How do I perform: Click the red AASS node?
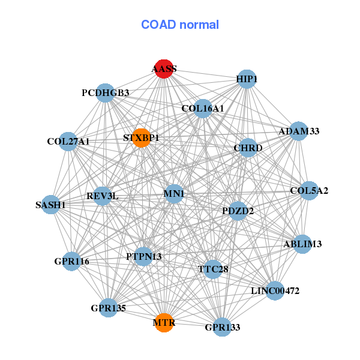(x=164, y=68)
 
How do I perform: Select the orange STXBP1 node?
(x=140, y=138)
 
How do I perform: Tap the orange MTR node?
(x=164, y=323)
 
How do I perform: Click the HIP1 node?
(x=247, y=79)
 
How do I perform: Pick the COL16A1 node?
(x=203, y=109)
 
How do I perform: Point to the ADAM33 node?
(x=299, y=131)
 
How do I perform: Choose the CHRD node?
(x=248, y=148)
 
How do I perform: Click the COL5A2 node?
(x=309, y=191)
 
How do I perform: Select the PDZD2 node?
(x=238, y=211)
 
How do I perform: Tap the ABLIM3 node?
(x=302, y=244)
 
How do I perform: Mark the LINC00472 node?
(x=275, y=291)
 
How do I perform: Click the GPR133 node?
(x=222, y=327)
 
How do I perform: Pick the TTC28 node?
(x=213, y=269)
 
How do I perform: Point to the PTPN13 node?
(x=143, y=256)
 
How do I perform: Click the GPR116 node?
(x=71, y=262)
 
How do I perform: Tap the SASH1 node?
(x=50, y=205)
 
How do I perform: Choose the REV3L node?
(x=103, y=196)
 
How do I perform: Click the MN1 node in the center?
(x=174, y=194)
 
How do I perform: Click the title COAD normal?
(x=180, y=25)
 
